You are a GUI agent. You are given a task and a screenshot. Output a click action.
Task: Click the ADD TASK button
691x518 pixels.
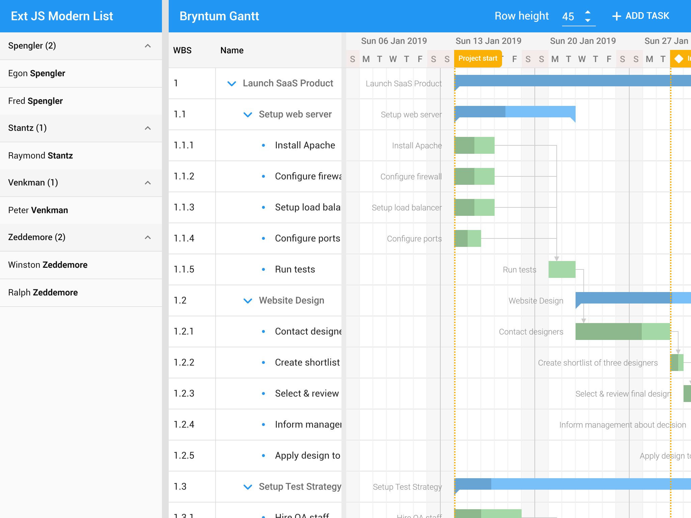tap(641, 16)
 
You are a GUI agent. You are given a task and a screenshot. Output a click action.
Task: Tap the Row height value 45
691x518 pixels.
tap(569, 17)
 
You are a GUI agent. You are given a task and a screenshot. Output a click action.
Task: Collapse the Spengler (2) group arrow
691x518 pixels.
tap(148, 46)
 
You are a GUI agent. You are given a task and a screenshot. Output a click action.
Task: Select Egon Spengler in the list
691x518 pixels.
tap(37, 74)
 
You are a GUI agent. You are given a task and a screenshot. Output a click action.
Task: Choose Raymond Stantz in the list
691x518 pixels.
tap(40, 156)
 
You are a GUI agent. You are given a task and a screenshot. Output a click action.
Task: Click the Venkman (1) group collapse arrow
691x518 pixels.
tap(148, 183)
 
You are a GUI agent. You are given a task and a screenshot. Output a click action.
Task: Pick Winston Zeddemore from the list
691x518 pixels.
tap(48, 265)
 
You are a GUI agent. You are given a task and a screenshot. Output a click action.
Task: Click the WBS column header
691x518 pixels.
tap(183, 51)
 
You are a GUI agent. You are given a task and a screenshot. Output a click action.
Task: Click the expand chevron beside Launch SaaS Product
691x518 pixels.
tap(232, 84)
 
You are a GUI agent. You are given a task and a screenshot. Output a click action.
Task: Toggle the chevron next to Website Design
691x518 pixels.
tap(248, 301)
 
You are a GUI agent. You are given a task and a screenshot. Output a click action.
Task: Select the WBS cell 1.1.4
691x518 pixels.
tap(184, 238)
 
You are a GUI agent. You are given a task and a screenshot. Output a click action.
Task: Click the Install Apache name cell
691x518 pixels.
tap(305, 145)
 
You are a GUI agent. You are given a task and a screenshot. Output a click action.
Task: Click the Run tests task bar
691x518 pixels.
tap(562, 269)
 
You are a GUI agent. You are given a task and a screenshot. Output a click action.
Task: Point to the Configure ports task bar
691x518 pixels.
tap(468, 238)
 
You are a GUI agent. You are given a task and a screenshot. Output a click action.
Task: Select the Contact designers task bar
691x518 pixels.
tap(623, 332)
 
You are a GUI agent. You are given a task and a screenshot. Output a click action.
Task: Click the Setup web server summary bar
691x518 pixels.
tap(515, 112)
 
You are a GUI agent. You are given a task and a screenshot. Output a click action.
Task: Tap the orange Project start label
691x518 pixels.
tap(478, 59)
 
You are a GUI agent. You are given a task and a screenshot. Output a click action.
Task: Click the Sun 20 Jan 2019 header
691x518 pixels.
tap(583, 41)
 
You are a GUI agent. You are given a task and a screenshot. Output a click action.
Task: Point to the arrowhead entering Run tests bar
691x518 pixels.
tap(557, 258)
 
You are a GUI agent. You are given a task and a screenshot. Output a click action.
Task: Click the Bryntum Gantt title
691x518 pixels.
tap(219, 16)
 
